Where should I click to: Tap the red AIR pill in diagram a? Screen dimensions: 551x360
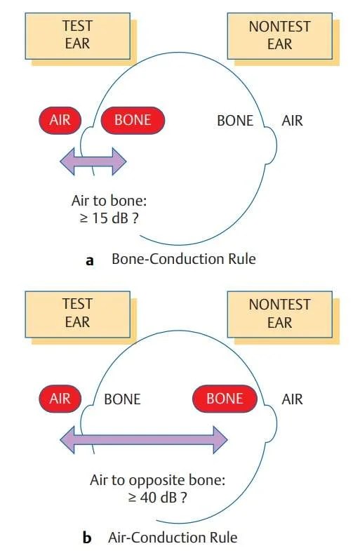tap(60, 120)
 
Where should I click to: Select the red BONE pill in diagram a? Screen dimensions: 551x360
tap(133, 120)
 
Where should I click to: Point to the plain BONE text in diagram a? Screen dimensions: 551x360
tap(235, 121)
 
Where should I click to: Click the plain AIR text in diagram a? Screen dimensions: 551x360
tap(292, 121)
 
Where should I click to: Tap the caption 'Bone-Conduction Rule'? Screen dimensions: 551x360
tap(184, 259)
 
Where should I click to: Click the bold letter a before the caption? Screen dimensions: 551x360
tap(89, 260)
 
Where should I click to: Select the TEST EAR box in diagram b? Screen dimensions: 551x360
tap(77, 313)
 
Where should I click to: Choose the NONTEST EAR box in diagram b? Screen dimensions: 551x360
tap(279, 313)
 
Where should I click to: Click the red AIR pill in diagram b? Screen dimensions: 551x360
tap(60, 399)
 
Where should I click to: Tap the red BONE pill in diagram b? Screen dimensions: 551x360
tap(225, 399)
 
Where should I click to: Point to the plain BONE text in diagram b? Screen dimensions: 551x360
tap(122, 399)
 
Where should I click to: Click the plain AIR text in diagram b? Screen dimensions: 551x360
tap(292, 399)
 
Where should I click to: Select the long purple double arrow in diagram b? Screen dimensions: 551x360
tap(144, 440)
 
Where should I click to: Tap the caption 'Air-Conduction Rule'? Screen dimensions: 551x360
tap(173, 538)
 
